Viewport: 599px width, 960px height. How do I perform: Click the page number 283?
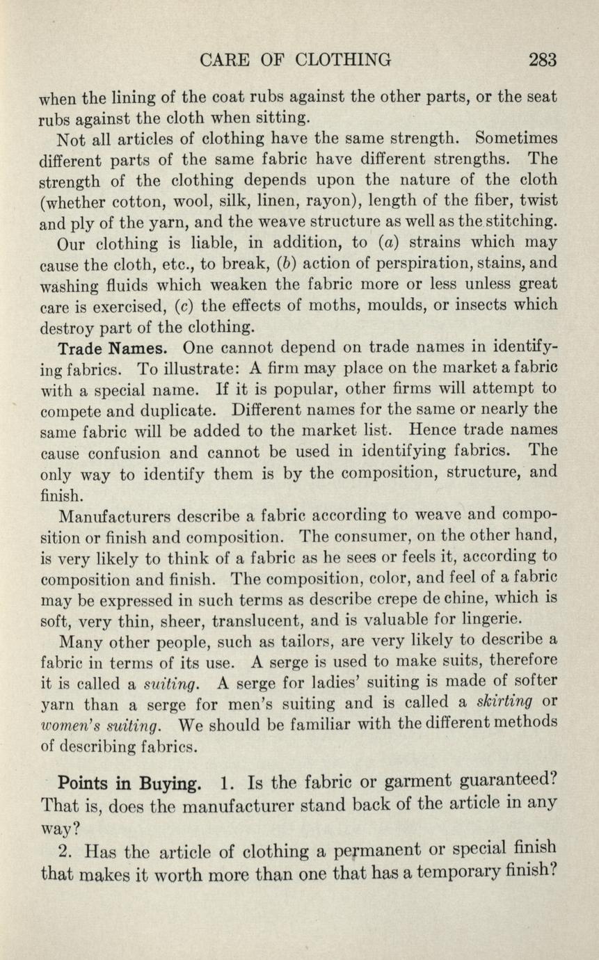pos(543,60)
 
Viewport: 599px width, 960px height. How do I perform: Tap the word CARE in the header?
pos(223,60)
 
